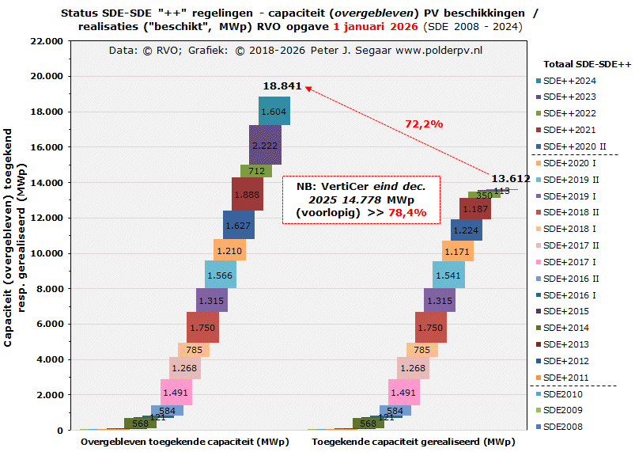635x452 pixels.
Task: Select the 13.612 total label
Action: (510, 179)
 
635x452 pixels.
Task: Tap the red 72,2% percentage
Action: (424, 123)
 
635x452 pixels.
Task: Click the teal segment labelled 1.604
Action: (274, 112)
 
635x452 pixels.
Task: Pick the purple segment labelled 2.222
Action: (264, 146)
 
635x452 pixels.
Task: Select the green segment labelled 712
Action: (255, 171)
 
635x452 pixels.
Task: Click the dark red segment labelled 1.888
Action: (247, 195)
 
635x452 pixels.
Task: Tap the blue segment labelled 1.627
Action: (238, 226)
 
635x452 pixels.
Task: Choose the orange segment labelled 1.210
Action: (229, 251)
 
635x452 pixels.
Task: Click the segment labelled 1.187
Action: (475, 209)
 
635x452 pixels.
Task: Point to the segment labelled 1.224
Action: (467, 230)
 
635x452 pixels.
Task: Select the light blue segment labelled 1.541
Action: (448, 275)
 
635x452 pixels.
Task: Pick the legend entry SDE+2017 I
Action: (570, 261)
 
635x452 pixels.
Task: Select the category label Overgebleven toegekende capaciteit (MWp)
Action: (184, 442)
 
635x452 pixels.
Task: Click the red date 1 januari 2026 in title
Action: (376, 26)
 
